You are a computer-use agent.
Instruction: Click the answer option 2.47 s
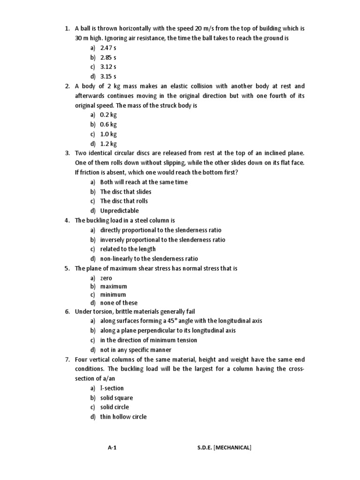[x=108, y=48]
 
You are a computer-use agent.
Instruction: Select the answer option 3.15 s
[x=108, y=76]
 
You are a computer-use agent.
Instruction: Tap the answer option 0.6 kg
[x=108, y=125]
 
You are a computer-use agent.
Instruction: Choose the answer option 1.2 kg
[x=108, y=144]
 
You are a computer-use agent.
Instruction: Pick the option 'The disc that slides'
[x=126, y=192]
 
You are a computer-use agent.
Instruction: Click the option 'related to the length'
[x=127, y=249]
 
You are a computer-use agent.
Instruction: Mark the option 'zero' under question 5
[x=106, y=278]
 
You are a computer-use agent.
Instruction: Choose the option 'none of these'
[x=119, y=303]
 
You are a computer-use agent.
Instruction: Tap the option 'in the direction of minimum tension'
[x=148, y=340]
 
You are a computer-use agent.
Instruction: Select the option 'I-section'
[x=112, y=388]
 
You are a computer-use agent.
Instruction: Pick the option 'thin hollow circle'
[x=123, y=417]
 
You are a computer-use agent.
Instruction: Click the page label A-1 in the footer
[x=112, y=448]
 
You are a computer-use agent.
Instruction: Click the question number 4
[x=67, y=220]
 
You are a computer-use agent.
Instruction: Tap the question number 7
[x=67, y=360]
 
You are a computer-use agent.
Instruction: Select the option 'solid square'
[x=116, y=398]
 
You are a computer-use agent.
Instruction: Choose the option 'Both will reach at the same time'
[x=143, y=182]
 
